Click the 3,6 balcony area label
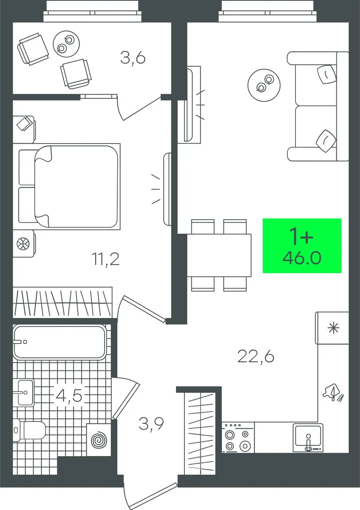tap(133, 59)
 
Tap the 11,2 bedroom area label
tap(106, 259)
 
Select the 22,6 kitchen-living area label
tap(256, 356)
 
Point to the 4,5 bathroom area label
tap(69, 396)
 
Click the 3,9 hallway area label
tap(151, 424)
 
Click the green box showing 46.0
tap(302, 246)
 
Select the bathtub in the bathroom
tap(60, 342)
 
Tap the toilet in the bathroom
tap(29, 431)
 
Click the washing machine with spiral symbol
tap(99, 440)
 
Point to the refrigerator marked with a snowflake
tap(332, 328)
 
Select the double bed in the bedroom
tap(69, 187)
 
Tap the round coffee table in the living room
tap(264, 85)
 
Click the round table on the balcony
tap(66, 44)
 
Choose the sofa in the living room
tap(318, 106)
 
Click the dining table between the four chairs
tap(219, 255)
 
